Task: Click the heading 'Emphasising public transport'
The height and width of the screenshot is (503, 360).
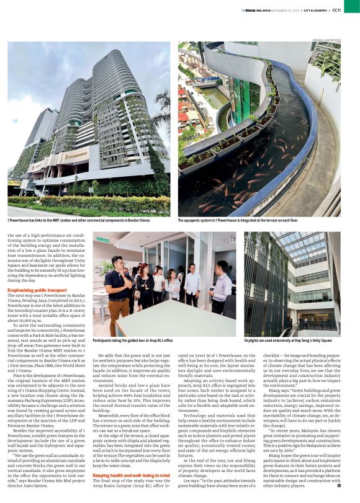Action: [37, 289]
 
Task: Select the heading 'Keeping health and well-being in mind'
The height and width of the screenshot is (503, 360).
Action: [124, 474]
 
